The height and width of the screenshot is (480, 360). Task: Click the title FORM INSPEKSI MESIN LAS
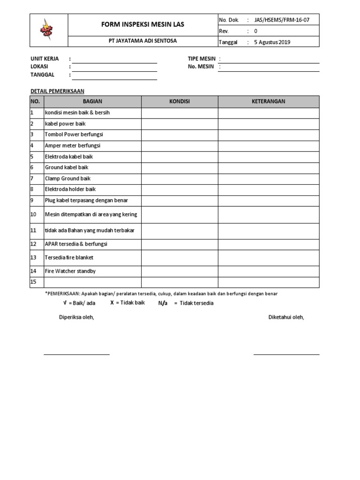142,24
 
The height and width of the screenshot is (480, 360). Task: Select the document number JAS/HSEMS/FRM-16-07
281,20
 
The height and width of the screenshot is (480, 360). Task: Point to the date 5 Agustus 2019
272,42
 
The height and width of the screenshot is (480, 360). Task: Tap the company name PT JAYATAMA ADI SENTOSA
142,41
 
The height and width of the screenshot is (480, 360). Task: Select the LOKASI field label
39,67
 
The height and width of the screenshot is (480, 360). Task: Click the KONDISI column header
180,102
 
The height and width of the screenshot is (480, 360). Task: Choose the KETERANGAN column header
268,102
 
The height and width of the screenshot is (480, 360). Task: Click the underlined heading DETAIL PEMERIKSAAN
57,91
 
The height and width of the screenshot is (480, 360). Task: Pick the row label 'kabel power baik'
65,124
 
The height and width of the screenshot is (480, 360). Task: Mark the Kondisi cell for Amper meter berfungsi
180,146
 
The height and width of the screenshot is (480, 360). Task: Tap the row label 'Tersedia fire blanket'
69,257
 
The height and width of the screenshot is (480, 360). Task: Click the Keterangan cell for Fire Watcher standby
268,271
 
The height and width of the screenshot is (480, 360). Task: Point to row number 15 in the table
33,282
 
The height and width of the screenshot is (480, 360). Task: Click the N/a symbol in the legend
163,303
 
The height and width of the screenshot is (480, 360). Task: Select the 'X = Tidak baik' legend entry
127,303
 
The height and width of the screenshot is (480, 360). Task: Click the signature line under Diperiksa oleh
76,354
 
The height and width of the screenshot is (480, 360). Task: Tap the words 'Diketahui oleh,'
286,317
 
